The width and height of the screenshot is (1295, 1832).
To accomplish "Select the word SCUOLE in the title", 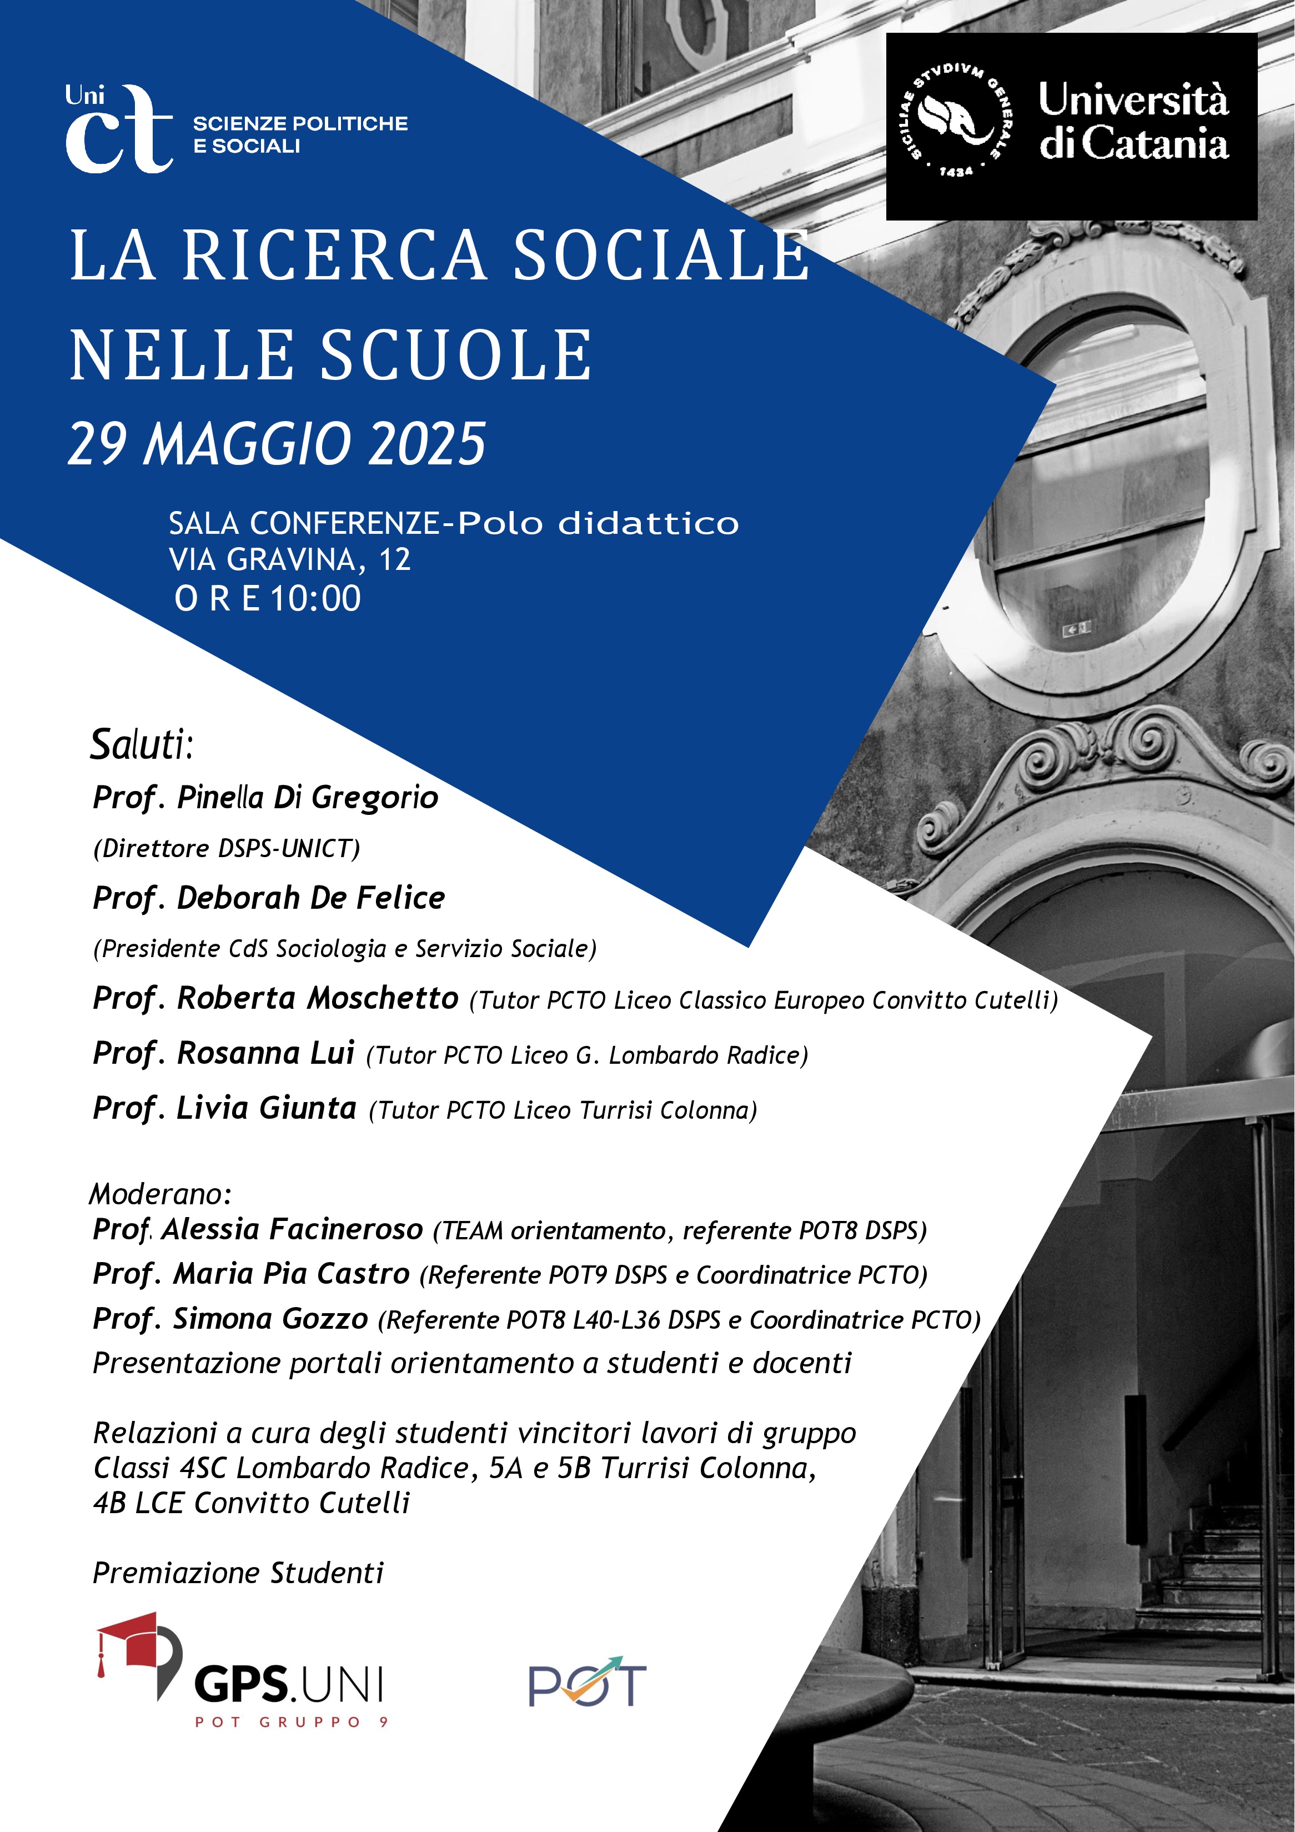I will pyautogui.click(x=456, y=355).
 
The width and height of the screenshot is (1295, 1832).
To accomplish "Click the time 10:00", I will pyautogui.click(x=316, y=598).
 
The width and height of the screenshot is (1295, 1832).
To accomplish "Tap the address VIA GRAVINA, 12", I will pyautogui.click(x=290, y=560).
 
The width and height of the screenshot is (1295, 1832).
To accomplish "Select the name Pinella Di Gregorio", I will pyautogui.click(x=307, y=797).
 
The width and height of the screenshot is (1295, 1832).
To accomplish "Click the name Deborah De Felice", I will pyautogui.click(x=310, y=898).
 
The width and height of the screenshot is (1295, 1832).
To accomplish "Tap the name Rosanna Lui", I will pyautogui.click(x=265, y=1053).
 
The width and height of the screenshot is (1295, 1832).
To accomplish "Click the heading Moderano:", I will pyautogui.click(x=159, y=1194).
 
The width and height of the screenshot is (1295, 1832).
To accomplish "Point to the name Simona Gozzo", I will pyautogui.click(x=270, y=1319).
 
